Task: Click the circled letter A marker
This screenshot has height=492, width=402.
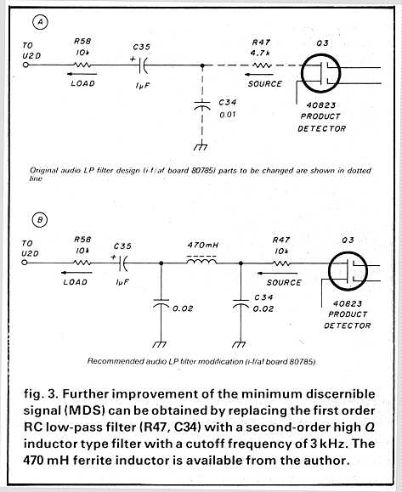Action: tap(40, 22)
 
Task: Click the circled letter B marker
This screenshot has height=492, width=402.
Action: tap(40, 219)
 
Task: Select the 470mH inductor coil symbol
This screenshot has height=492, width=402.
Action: tap(201, 261)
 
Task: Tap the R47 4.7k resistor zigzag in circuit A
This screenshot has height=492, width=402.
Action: tap(262, 65)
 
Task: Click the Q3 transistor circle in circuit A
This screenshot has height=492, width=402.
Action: tap(320, 73)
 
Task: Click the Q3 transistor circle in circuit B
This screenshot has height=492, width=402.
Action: tap(348, 271)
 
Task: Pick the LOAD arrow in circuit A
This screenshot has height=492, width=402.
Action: tap(82, 75)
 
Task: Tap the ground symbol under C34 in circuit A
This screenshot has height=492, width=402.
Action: tap(201, 147)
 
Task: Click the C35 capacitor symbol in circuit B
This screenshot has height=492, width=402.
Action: tap(123, 263)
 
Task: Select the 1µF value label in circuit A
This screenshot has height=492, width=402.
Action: tap(143, 85)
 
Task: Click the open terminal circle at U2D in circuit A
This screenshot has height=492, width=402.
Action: tap(26, 65)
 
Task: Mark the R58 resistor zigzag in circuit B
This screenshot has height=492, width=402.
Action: tap(82, 263)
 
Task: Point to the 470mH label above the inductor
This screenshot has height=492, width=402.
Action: tap(203, 245)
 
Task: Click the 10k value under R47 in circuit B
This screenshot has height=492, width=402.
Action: tap(281, 252)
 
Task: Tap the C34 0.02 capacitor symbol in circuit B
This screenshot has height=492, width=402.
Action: tap(241, 303)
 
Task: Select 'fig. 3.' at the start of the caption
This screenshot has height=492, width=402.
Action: tap(41, 393)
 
